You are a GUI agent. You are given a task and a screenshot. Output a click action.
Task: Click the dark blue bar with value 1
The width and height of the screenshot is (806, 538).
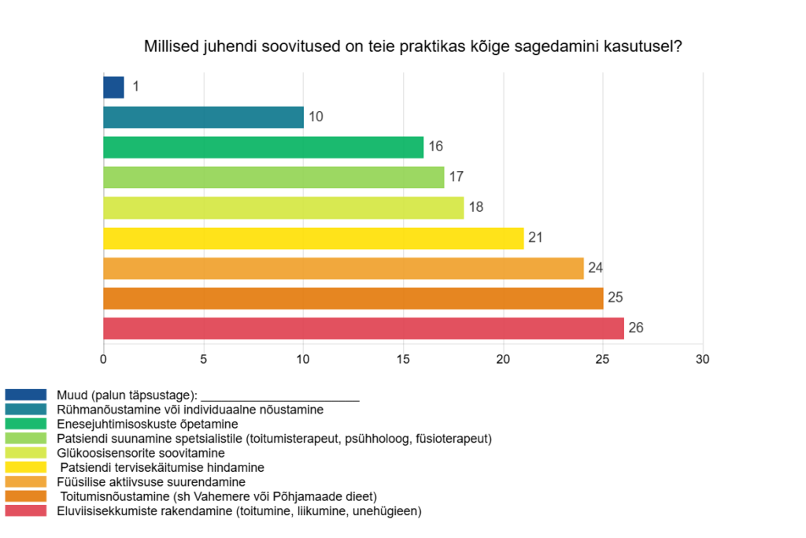pyautogui.click(x=114, y=87)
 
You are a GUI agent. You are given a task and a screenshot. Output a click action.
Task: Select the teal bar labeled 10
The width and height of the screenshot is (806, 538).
pyautogui.click(x=203, y=117)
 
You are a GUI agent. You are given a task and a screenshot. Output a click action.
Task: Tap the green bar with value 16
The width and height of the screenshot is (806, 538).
pyautogui.click(x=263, y=147)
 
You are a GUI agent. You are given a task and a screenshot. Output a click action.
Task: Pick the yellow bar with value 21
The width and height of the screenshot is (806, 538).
pyautogui.click(x=313, y=238)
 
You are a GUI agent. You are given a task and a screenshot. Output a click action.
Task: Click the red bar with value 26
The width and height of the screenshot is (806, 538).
pyautogui.click(x=363, y=328)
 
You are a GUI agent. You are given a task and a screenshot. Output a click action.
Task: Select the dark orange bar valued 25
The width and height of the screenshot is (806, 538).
pyautogui.click(x=353, y=299)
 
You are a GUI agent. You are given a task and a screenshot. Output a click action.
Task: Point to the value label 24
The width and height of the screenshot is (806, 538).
pyautogui.click(x=595, y=268)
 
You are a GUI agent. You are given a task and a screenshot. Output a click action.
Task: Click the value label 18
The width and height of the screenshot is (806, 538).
pyautogui.click(x=475, y=208)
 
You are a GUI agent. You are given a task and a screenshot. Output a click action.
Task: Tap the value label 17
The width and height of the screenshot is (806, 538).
pyautogui.click(x=456, y=178)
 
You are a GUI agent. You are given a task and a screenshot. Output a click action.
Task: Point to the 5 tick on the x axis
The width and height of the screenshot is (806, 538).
pyautogui.click(x=204, y=359)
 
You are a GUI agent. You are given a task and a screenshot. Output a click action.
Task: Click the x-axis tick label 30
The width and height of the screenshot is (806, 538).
pyautogui.click(x=703, y=359)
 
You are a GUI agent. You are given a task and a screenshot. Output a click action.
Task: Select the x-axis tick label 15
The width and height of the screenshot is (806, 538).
pyautogui.click(x=403, y=359)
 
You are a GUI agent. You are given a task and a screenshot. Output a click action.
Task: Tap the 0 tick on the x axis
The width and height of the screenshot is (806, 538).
pyautogui.click(x=104, y=359)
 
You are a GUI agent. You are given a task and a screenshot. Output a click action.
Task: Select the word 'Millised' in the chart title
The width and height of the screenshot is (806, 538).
pyautogui.click(x=169, y=46)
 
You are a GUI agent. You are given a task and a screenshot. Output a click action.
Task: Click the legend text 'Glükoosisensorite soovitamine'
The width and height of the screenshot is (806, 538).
pyautogui.click(x=141, y=453)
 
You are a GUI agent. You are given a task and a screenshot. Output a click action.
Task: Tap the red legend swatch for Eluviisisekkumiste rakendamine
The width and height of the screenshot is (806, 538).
pyautogui.click(x=26, y=511)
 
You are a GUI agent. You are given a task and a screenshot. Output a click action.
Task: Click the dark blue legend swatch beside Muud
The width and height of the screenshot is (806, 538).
pyautogui.click(x=26, y=395)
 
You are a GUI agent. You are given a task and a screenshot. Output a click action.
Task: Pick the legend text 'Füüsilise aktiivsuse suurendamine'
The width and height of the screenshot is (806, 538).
pyautogui.click(x=151, y=482)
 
